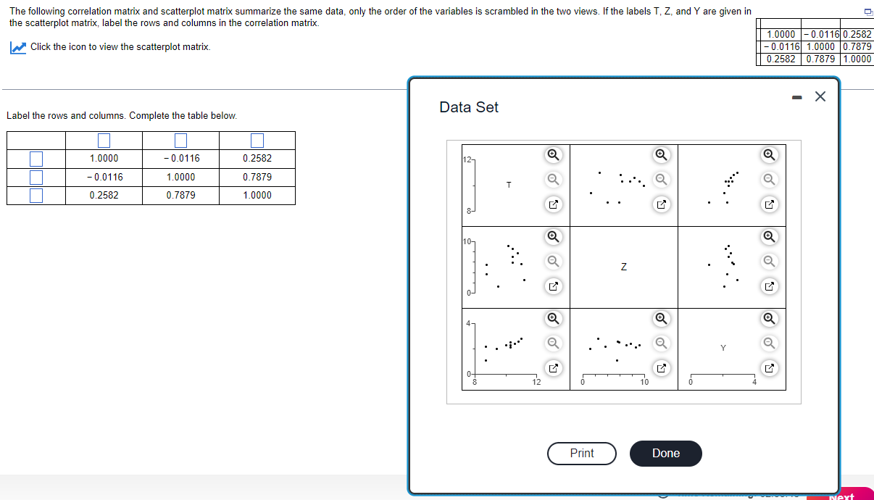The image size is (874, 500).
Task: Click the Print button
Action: [581, 453]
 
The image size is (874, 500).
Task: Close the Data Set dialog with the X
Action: [820, 97]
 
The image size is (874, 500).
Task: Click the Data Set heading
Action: [469, 107]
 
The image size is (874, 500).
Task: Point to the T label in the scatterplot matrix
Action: [509, 186]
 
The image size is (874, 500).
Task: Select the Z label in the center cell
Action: [623, 267]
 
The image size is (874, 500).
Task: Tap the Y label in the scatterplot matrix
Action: [723, 349]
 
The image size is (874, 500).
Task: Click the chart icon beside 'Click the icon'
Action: [18, 47]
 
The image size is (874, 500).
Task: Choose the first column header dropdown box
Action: [104, 140]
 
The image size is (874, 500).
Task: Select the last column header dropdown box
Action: [257, 140]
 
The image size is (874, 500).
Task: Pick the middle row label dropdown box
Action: [36, 177]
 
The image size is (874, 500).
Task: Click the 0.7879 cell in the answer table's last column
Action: [257, 177]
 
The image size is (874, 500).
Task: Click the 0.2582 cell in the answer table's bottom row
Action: [104, 196]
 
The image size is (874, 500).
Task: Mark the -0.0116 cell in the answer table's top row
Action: [180, 159]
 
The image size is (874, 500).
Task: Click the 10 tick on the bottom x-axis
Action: [644, 383]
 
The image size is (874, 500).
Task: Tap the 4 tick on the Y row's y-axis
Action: [468, 323]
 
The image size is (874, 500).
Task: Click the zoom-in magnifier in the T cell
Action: [552, 154]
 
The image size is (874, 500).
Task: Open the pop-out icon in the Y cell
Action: [769, 369]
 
